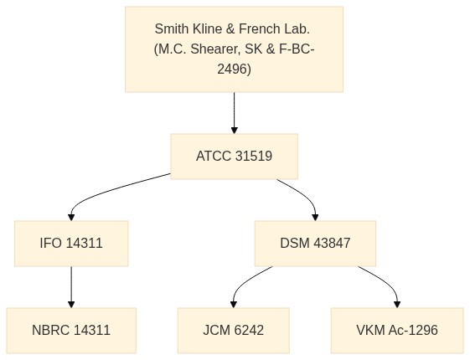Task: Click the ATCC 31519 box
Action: pyautogui.click(x=234, y=157)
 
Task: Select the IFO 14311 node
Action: pyautogui.click(x=71, y=243)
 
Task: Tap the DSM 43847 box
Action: pyautogui.click(x=315, y=243)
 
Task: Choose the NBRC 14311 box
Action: pyautogui.click(x=71, y=331)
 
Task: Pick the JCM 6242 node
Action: pyautogui.click(x=234, y=331)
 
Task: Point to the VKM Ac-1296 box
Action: pyautogui.click(x=397, y=331)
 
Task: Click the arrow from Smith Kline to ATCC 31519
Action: pyautogui.click(x=235, y=113)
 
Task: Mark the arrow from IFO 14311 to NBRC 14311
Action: pyautogui.click(x=71, y=287)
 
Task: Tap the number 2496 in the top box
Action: pyautogui.click(x=231, y=69)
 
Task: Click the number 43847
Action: pyautogui.click(x=332, y=243)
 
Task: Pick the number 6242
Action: pyautogui.click(x=249, y=331)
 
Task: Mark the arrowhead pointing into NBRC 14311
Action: pyautogui.click(x=71, y=304)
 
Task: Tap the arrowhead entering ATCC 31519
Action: pyautogui.click(x=235, y=131)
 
